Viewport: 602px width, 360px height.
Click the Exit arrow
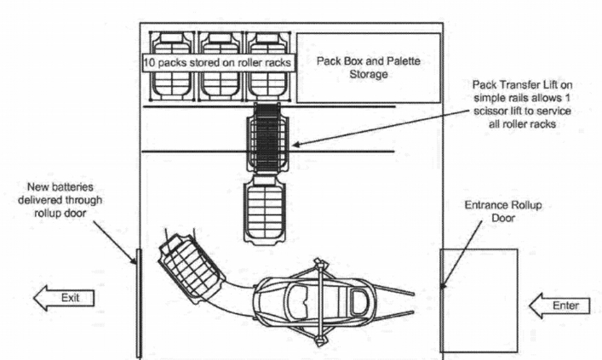[x=64, y=298]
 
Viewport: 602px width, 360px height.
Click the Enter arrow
[x=559, y=306]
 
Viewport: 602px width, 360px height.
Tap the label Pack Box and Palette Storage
[x=368, y=67]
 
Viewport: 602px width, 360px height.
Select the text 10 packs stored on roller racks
[x=217, y=63]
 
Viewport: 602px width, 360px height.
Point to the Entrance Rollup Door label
[x=503, y=211]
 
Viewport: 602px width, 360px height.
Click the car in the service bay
[x=315, y=301]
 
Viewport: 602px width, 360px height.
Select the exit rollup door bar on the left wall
[x=139, y=303]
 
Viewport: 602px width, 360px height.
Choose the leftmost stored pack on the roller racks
[x=172, y=66]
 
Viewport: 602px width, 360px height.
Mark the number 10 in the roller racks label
[x=149, y=63]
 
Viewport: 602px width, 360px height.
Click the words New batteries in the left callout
[x=60, y=187]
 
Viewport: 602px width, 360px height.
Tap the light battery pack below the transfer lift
[x=265, y=209]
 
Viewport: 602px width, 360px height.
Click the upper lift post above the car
[x=319, y=264]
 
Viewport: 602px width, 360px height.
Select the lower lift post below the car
[x=319, y=340]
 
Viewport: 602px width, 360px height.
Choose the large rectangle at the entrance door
[x=479, y=300]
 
